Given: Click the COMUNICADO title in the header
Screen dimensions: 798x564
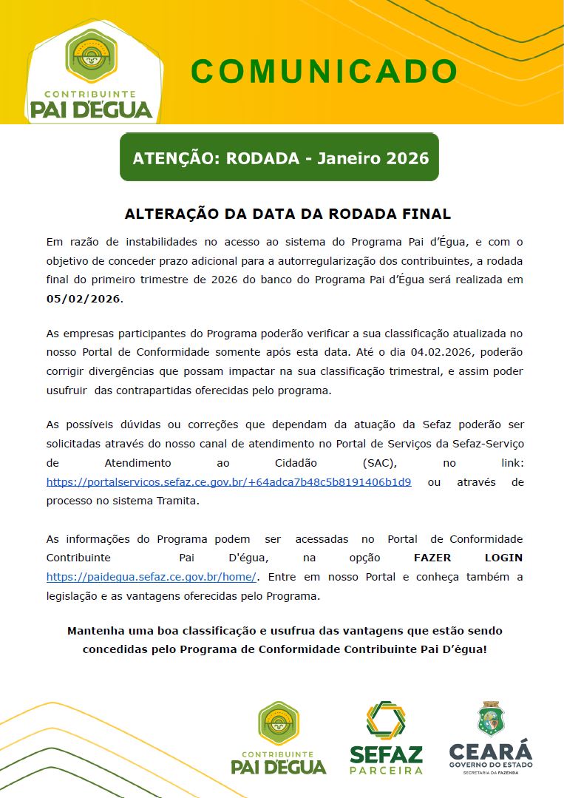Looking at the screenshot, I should (x=324, y=72).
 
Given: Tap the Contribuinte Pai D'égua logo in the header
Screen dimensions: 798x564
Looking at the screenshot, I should (x=91, y=74).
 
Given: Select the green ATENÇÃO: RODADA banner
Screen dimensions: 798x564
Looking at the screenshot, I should (x=279, y=158).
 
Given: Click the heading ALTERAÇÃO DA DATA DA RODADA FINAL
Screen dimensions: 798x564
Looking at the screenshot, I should (x=288, y=214).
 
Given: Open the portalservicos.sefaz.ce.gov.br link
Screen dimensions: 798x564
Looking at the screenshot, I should (x=228, y=481).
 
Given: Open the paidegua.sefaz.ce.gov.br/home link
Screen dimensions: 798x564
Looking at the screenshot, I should (x=152, y=576).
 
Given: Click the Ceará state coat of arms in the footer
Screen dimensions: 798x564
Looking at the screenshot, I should (x=491, y=719).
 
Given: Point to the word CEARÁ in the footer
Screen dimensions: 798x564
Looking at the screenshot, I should (x=491, y=751).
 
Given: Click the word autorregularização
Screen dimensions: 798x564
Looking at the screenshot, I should (x=333, y=260).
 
